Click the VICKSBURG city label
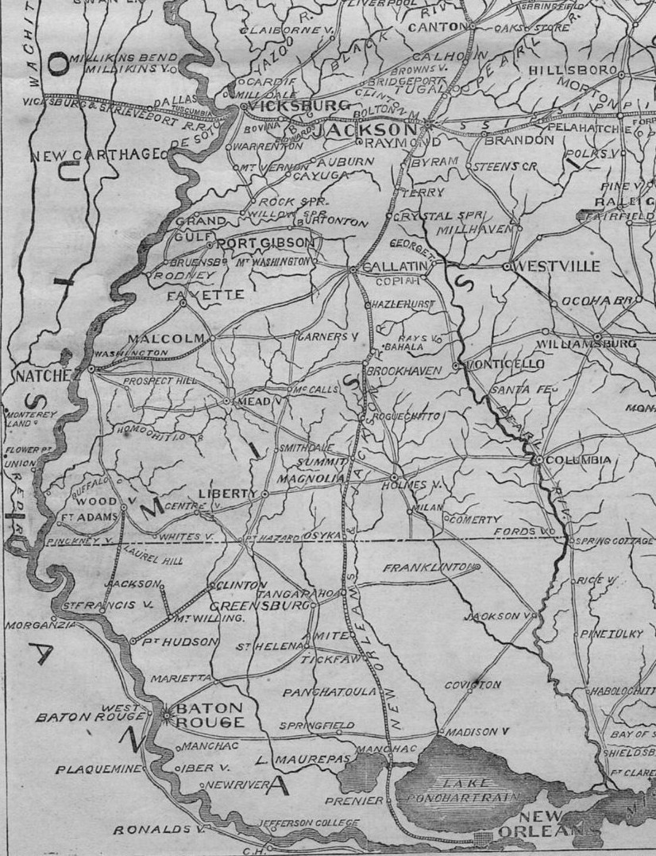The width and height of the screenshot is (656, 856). point(299,107)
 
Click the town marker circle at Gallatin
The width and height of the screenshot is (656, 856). point(353,270)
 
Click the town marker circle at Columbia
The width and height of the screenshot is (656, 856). point(538,460)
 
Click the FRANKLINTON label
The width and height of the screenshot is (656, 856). point(429,568)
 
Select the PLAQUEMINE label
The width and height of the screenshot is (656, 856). point(98,769)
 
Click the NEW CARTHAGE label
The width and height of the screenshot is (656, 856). point(95,154)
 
